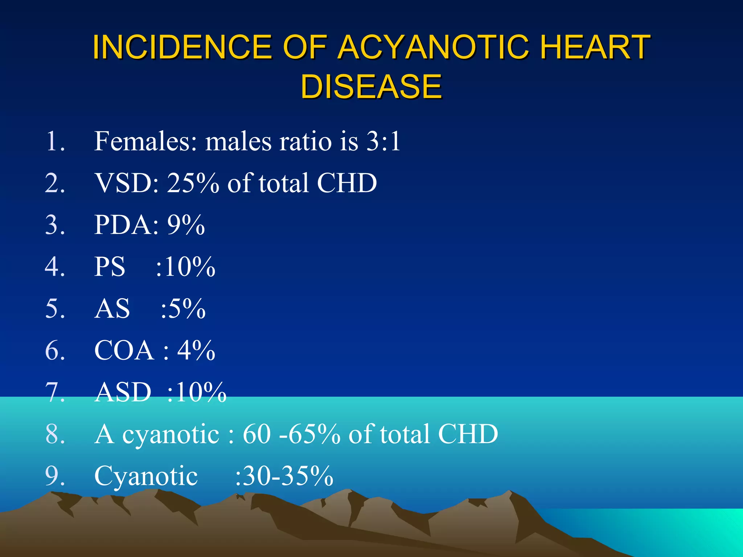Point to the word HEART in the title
pos(595,47)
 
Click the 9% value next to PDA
pos(186,225)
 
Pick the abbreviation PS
pos(110,267)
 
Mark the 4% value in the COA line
pos(196,351)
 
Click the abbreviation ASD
pos(123,392)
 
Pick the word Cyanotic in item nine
pos(146,476)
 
